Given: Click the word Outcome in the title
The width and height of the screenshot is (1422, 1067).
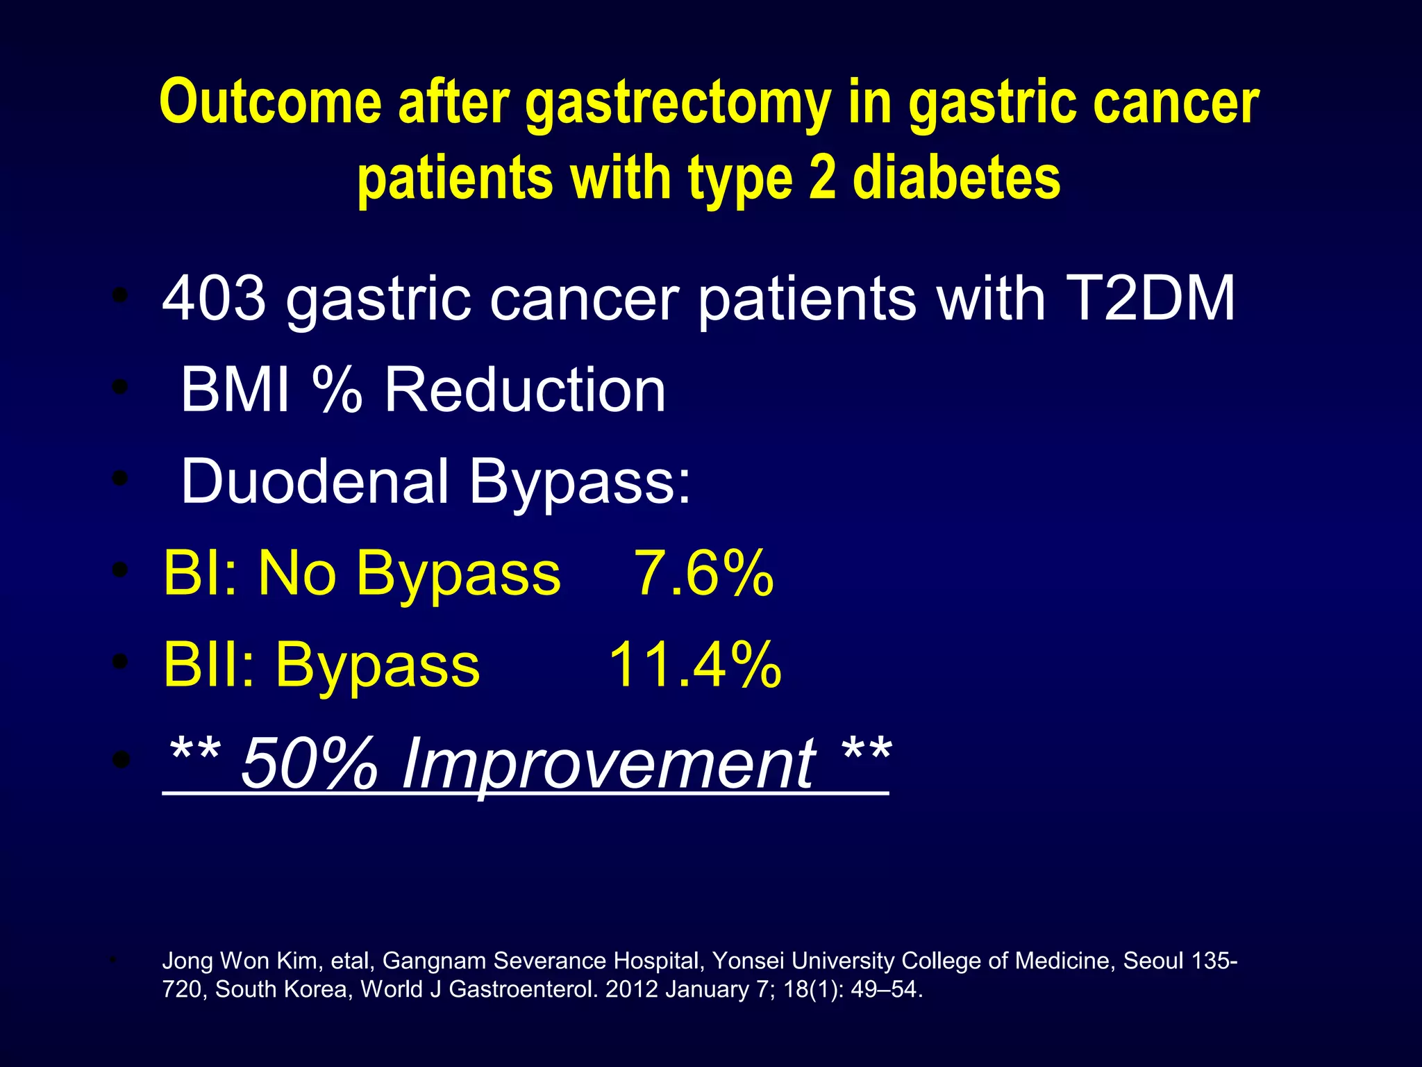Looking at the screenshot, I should pos(270,102).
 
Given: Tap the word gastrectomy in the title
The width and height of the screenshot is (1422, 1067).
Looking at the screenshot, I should pos(678,104).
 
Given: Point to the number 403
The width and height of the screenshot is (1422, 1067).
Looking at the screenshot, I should pos(214,298).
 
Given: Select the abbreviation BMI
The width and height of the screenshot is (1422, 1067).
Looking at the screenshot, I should pos(235,390).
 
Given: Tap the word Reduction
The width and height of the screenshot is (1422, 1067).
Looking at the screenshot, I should pos(525,390).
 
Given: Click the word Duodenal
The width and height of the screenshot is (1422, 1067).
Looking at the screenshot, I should pos(315,481).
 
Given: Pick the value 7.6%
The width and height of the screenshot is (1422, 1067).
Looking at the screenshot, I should pos(703,573).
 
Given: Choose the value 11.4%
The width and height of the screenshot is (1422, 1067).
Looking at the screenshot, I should pos(695,665).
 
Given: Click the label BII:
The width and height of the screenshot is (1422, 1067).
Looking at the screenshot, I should pos(209,665).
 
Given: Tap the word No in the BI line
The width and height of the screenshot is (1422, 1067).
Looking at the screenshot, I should pos(296,573).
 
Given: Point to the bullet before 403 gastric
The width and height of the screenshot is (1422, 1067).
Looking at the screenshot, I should pos(121,297).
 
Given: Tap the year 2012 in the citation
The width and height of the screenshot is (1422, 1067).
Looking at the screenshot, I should pos(631,989).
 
